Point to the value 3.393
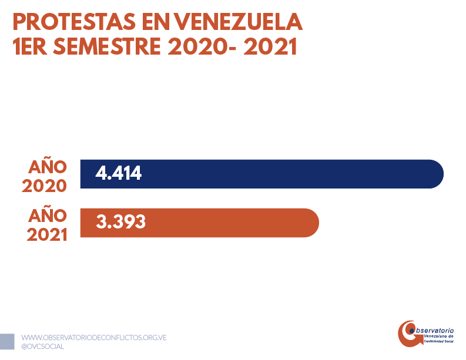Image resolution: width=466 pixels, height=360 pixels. pyautogui.click(x=120, y=223)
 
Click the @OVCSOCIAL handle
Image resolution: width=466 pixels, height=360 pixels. pyautogui.click(x=42, y=346)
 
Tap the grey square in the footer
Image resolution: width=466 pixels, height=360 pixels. pyautogui.click(x=7, y=341)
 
